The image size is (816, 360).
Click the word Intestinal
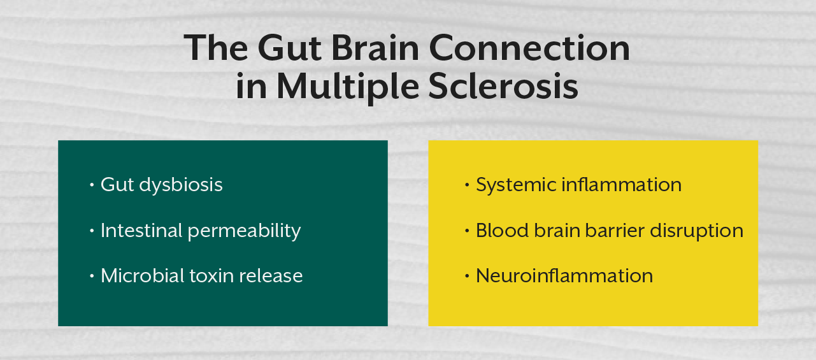pos(142,230)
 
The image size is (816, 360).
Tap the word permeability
pos(245,231)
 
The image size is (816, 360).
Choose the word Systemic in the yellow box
pos(516,185)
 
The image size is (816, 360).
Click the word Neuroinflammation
pos(564,275)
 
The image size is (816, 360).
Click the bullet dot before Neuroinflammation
pos(467,276)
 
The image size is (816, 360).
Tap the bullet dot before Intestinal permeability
pos(92,231)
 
